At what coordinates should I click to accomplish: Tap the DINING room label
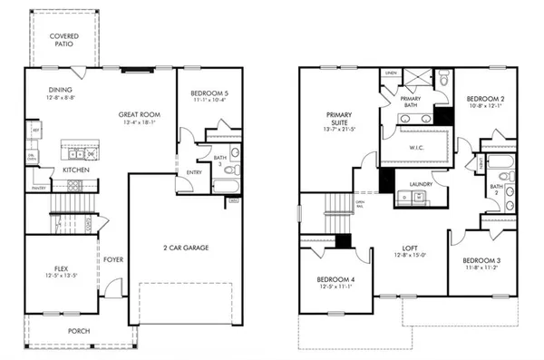coord(62,91)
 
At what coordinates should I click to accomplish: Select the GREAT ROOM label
coord(140,115)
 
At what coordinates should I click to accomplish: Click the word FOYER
coord(112,259)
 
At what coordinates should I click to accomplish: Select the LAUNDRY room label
coord(421,184)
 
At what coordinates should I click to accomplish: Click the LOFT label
coord(412,248)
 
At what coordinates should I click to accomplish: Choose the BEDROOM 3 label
coord(482,262)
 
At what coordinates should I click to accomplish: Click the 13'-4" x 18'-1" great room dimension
coord(140,124)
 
